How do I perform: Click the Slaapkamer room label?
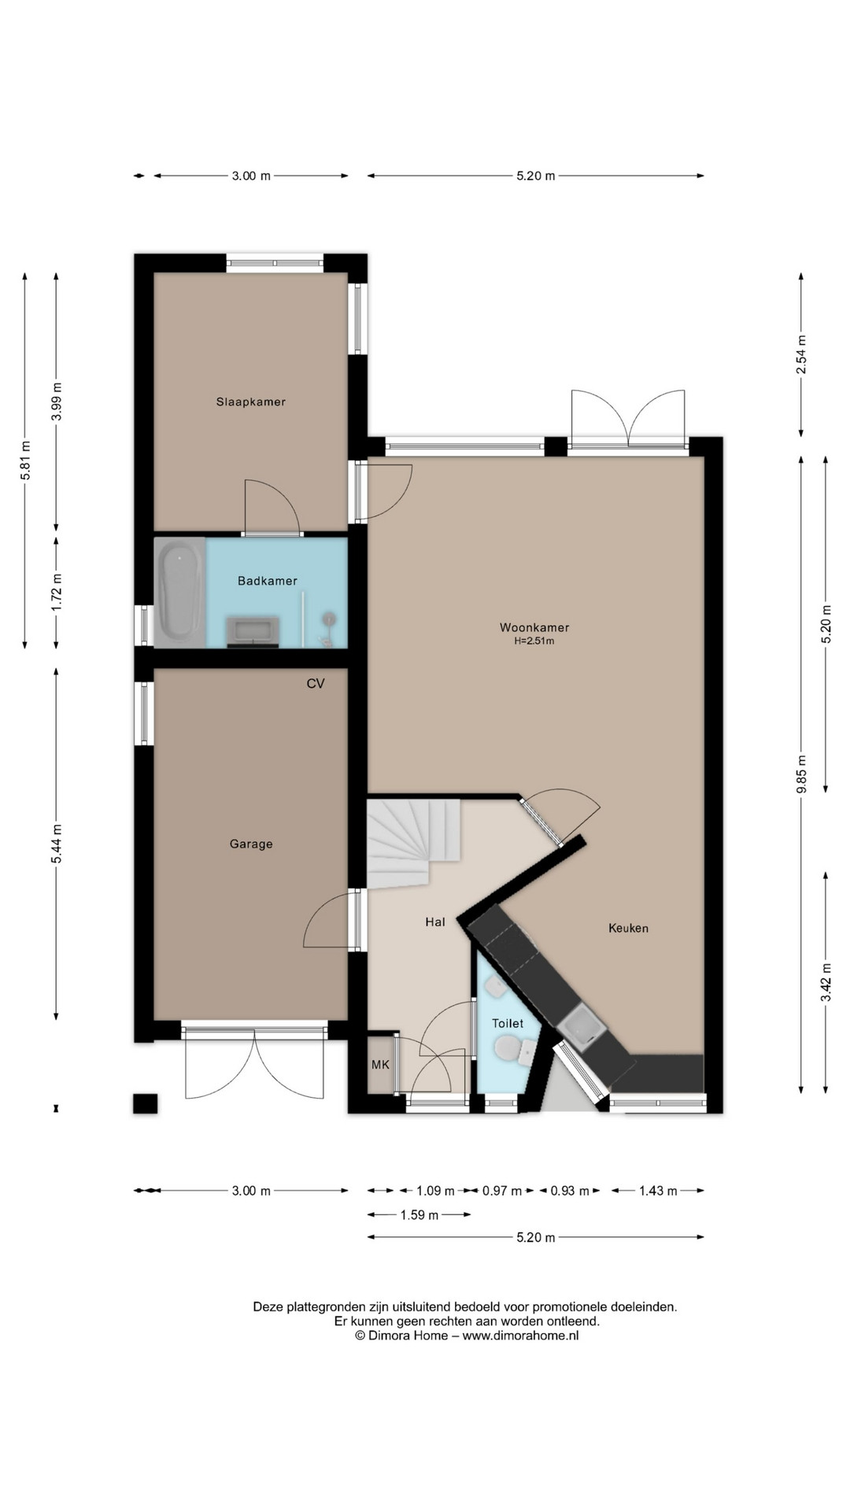251,401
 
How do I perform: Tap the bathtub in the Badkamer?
180,592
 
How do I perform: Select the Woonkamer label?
534,627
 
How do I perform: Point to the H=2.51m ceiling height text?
534,641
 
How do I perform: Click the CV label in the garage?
316,683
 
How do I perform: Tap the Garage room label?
251,844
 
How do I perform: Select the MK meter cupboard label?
380,1065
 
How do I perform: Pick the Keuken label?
629,928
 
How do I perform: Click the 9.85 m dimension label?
801,775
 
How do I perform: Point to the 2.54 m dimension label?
801,354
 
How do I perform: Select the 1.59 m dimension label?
419,1214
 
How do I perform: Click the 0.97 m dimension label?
502,1191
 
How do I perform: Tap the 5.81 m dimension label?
25,459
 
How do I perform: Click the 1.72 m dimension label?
56,593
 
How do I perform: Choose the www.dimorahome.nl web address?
520,1336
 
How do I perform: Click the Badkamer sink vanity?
253,632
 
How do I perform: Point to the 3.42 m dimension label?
826,982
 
